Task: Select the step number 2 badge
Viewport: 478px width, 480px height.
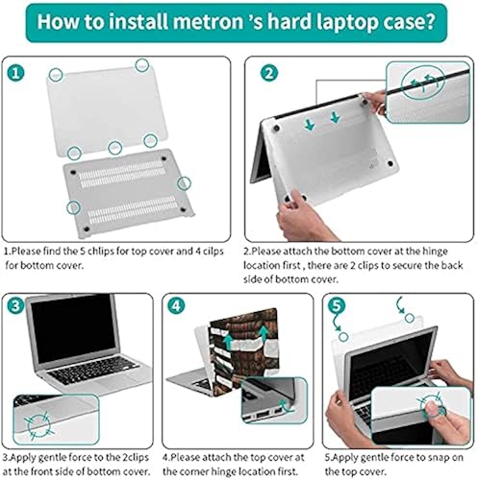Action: tap(269, 73)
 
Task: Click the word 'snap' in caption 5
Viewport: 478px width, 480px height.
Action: tap(436, 444)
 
